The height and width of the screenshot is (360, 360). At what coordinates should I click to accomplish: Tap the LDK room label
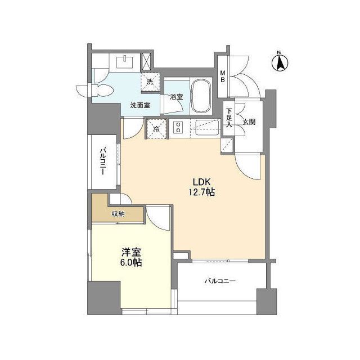[x=203, y=182]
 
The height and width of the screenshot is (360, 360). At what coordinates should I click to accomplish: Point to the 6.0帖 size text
[x=130, y=263]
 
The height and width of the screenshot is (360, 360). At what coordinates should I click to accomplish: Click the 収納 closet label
[x=118, y=214]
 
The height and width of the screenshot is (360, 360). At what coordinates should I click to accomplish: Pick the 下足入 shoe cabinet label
[x=229, y=120]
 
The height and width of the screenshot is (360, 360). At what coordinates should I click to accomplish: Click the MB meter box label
[x=223, y=75]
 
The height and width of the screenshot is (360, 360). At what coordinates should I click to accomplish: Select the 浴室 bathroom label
[x=177, y=97]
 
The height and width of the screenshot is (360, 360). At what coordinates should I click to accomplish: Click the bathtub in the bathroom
[x=200, y=96]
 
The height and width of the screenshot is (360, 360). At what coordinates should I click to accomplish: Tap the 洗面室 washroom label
[x=139, y=105]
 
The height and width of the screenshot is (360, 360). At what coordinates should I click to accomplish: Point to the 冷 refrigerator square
[x=156, y=129]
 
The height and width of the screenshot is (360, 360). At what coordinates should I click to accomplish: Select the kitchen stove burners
[x=179, y=128]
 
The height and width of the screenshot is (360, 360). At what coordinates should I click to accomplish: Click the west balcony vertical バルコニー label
[x=103, y=163]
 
